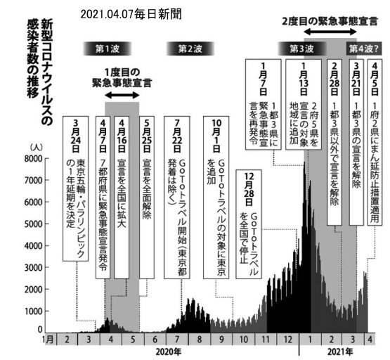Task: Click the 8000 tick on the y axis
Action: (33, 158)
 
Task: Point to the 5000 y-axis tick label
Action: (33, 224)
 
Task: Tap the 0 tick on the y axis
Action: (40, 329)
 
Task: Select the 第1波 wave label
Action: (108, 49)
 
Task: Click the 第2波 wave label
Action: (190, 49)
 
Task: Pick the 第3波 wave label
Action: (301, 49)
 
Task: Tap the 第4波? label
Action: (364, 49)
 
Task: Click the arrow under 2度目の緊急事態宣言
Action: (330, 32)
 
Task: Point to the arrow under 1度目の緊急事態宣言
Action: (122, 95)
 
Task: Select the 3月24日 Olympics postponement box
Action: (75, 188)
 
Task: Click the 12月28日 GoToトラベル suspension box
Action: (249, 224)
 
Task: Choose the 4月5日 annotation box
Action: (375, 142)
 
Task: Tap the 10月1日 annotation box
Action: (216, 198)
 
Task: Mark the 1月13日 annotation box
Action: (304, 105)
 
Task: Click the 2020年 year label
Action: (169, 352)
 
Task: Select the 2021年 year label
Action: (340, 352)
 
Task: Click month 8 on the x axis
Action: (199, 340)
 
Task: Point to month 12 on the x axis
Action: (287, 340)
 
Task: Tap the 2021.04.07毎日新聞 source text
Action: (131, 14)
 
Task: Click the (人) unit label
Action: (37, 147)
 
